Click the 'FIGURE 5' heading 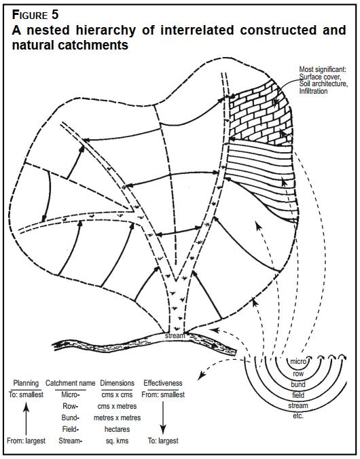[35, 15]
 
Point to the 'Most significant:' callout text [323, 70]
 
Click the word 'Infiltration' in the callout [313, 91]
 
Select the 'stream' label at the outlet [175, 335]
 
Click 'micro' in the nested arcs [298, 361]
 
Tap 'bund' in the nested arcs [298, 384]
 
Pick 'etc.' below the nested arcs [298, 416]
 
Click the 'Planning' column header [26, 383]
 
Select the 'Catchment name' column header [70, 383]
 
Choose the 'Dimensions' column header [117, 383]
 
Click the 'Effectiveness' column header [163, 383]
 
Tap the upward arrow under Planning [26, 419]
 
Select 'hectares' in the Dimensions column [117, 429]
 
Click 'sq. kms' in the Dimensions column [117, 441]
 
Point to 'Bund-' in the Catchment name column [70, 418]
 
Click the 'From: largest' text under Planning [26, 441]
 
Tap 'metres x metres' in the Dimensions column [117, 418]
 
